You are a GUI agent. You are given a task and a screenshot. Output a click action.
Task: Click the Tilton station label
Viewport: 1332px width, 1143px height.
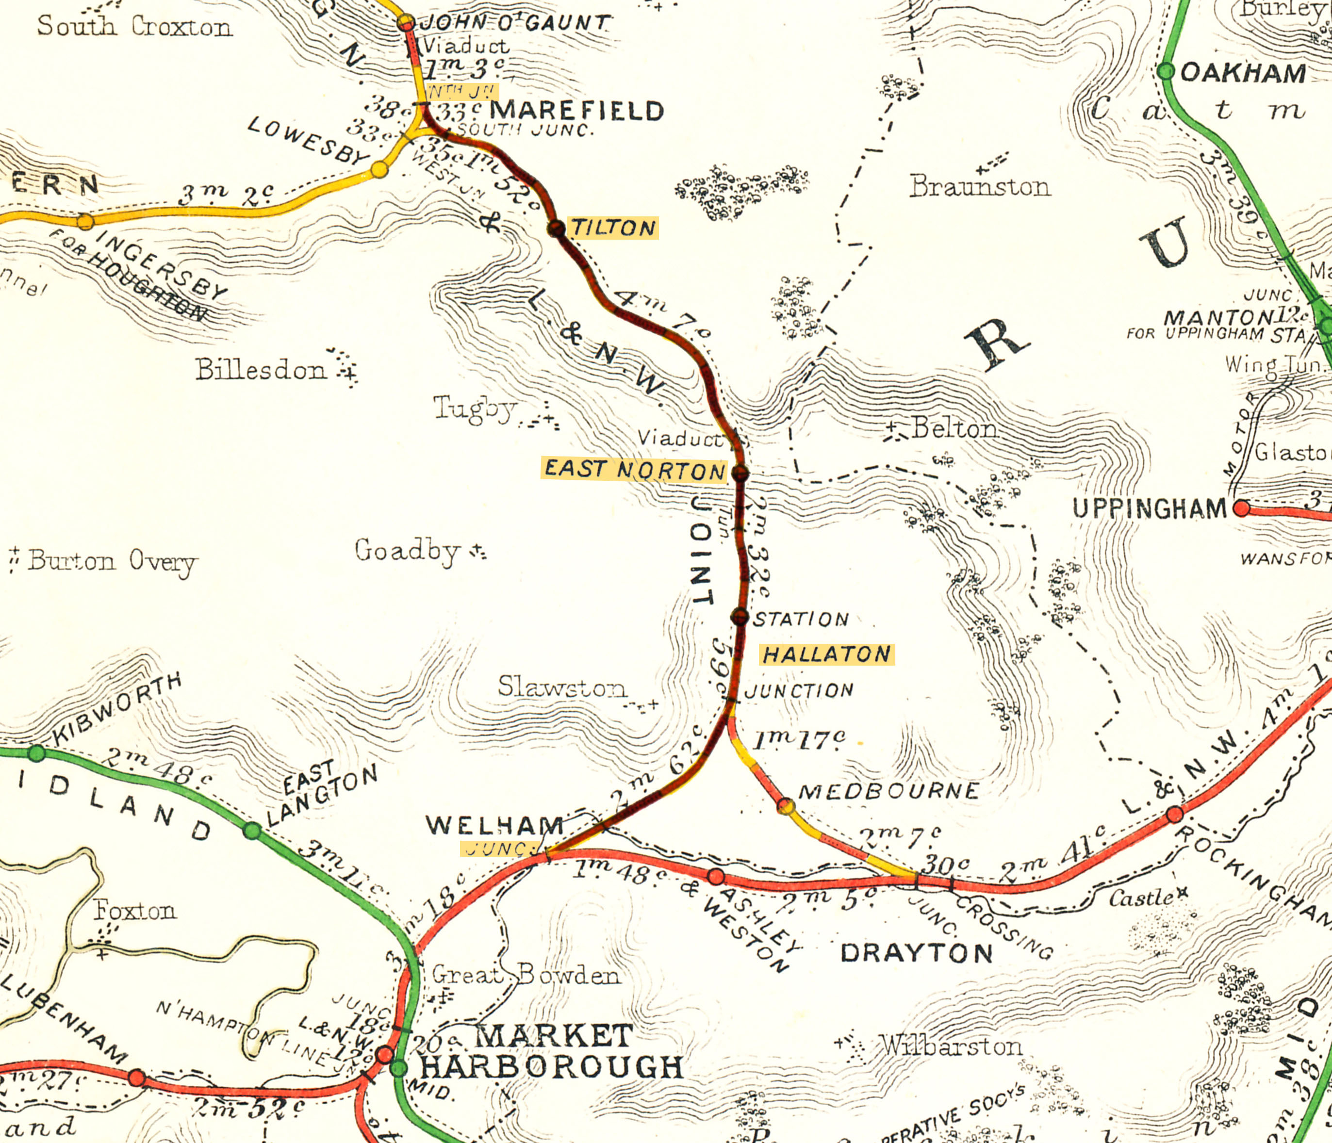613,228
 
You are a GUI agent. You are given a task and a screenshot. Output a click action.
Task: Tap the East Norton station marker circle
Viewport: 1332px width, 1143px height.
740,473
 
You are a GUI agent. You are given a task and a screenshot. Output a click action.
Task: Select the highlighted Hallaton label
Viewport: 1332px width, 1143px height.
827,654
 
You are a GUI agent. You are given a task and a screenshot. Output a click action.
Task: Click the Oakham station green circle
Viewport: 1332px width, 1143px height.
1166,71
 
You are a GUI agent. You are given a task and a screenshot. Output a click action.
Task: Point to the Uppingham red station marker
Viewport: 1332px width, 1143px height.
1241,508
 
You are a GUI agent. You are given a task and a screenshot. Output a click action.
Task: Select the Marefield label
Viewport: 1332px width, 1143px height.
576,111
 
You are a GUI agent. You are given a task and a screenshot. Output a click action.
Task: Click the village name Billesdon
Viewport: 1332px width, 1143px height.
261,370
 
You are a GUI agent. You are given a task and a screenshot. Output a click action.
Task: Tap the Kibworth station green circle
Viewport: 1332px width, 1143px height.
37,753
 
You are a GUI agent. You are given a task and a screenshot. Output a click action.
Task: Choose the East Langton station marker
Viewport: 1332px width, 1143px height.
252,831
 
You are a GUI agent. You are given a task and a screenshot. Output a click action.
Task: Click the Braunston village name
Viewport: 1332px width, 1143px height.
980,186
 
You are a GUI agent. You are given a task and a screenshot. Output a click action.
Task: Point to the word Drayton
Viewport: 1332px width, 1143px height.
917,953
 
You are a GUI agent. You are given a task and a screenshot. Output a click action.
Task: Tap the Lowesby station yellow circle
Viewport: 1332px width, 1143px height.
379,170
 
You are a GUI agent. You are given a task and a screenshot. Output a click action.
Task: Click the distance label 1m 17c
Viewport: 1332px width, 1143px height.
799,740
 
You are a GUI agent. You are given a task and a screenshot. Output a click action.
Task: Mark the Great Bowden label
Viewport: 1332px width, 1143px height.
526,975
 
